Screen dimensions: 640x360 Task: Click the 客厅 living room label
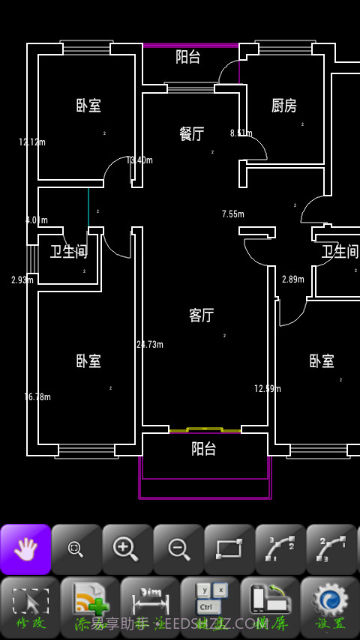coord(202,316)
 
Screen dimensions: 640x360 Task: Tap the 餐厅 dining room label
coord(192,133)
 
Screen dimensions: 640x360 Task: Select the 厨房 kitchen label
coord(284,106)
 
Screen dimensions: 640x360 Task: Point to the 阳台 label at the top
coord(188,56)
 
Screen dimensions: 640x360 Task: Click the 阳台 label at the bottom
coord(204,449)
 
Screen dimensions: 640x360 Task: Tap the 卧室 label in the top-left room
coord(88,106)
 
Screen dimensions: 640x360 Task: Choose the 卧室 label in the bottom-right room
coord(322,361)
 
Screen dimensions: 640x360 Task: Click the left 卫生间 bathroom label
coord(69,252)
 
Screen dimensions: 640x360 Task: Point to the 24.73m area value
coord(150,345)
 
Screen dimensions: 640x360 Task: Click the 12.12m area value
coord(32,142)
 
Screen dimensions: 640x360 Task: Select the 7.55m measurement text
coord(233,214)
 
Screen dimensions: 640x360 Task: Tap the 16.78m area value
coord(37,397)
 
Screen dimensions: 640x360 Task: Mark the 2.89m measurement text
coord(293,280)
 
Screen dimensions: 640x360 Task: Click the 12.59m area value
coord(268,389)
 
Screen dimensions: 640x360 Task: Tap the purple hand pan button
coord(25,549)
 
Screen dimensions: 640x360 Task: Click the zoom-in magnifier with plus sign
coord(127,549)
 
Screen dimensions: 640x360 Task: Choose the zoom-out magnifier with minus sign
coord(178,549)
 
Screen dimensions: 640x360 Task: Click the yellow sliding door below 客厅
coord(204,430)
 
